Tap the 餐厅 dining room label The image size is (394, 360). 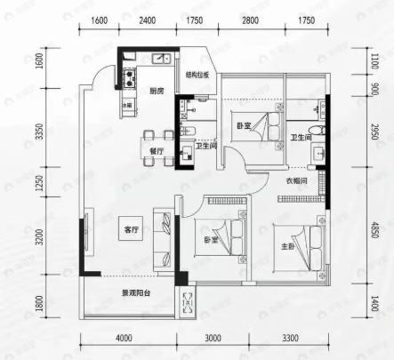(157, 151)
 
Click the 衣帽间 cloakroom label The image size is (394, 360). (296, 181)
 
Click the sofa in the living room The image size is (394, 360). (164, 238)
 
